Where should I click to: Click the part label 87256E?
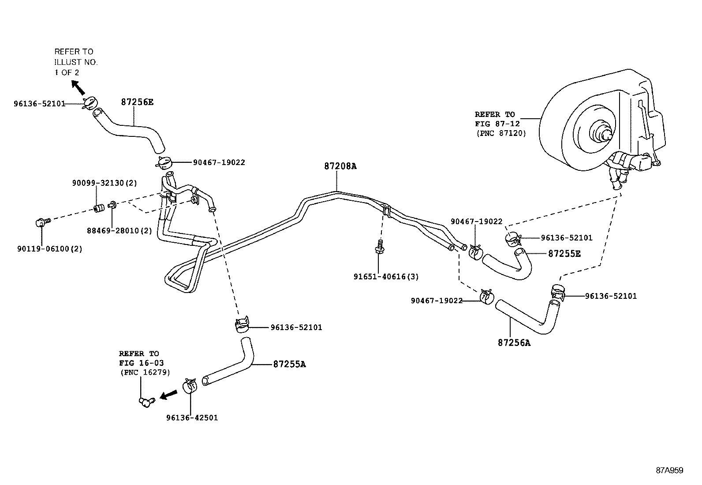tap(137, 102)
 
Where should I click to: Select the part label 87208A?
tap(340, 166)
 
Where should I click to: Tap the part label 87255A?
tap(289, 364)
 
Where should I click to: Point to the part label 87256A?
tap(514, 342)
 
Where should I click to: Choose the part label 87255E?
tap(564, 253)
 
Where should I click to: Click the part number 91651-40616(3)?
tap(386, 277)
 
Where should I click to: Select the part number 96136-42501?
tap(192, 417)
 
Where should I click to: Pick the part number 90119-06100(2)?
tap(50, 248)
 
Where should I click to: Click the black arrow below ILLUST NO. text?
tap(78, 87)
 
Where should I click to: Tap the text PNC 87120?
tap(500, 133)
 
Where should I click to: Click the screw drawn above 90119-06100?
tap(42, 222)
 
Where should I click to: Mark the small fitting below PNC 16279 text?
tap(146, 401)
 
